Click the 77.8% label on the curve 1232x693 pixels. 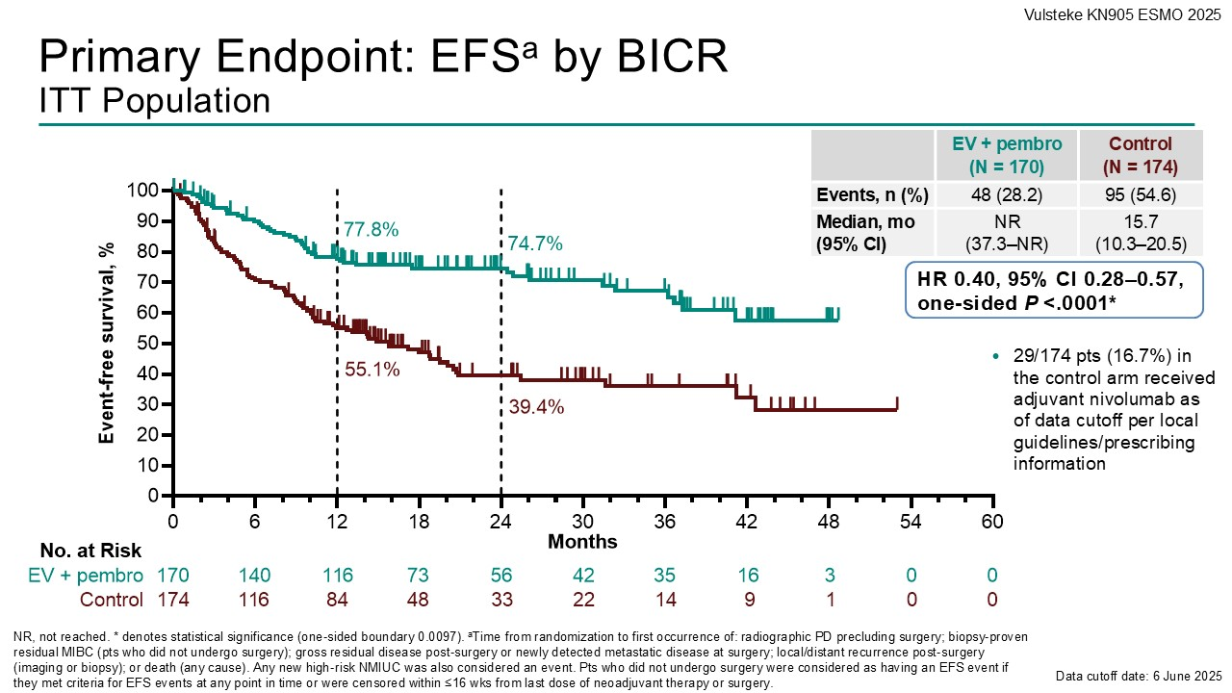pyautogui.click(x=372, y=230)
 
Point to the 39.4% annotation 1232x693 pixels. pyautogui.click(x=536, y=407)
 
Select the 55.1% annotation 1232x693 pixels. pyautogui.click(x=372, y=369)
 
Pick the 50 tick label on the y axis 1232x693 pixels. pyautogui.click(x=146, y=343)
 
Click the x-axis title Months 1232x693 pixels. pyautogui.click(x=582, y=542)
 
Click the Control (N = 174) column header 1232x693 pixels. pyautogui.click(x=1141, y=154)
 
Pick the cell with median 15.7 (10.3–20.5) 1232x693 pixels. pyautogui.click(x=1141, y=232)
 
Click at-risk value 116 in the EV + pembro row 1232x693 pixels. pyautogui.click(x=337, y=576)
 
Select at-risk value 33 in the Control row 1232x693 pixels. pyautogui.click(x=500, y=600)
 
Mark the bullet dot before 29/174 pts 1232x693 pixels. pyautogui.click(x=997, y=357)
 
